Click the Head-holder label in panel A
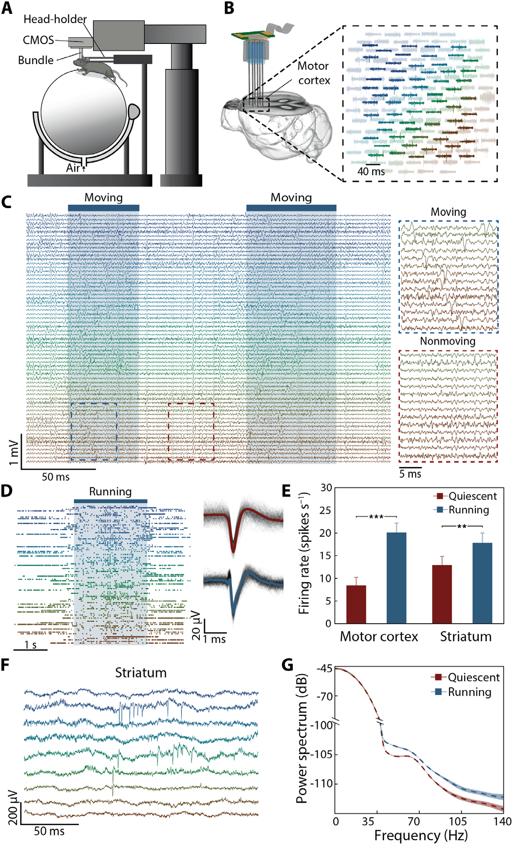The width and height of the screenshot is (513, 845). click(55, 20)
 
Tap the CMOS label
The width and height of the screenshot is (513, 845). click(38, 40)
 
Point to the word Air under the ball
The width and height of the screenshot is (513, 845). click(73, 168)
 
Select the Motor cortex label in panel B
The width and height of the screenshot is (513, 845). click(314, 73)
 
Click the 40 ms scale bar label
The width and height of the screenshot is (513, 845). click(371, 171)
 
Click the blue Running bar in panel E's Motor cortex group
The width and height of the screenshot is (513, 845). click(396, 578)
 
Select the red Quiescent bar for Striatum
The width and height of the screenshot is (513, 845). click(442, 594)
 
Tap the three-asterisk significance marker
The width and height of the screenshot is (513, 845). click(376, 517)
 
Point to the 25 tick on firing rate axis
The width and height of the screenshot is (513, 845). click(326, 510)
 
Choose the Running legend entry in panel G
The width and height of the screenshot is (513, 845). click(461, 692)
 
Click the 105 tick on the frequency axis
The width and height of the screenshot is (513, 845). click(458, 822)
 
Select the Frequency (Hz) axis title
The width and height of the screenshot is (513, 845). click(421, 836)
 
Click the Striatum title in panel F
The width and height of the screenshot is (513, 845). click(141, 673)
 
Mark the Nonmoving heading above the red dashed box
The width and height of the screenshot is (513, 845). click(448, 341)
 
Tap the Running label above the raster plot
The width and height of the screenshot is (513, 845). click(110, 492)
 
